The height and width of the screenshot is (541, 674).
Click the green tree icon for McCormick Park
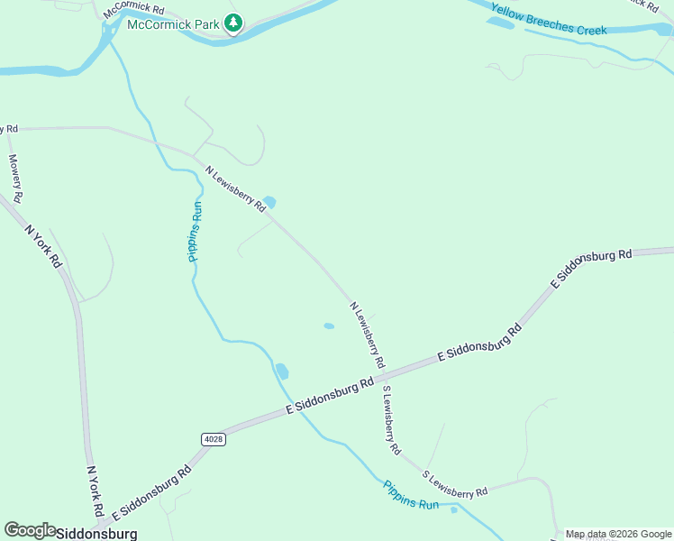tap(233, 23)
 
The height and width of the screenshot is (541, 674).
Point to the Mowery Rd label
tap(15, 177)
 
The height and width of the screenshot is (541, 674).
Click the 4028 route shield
tap(213, 438)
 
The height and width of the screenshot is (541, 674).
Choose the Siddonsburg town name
tap(96, 533)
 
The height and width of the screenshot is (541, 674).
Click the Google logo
tap(30, 530)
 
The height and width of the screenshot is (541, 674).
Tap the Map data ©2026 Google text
tap(618, 534)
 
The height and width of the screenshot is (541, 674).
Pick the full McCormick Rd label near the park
tap(133, 10)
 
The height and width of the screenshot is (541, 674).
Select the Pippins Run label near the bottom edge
tap(411, 495)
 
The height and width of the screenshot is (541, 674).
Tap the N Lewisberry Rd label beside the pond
tap(236, 188)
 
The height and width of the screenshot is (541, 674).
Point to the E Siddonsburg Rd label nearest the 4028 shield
tap(330, 397)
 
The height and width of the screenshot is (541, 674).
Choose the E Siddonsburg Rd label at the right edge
tap(591, 268)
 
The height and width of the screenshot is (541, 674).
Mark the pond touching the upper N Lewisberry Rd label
tap(269, 202)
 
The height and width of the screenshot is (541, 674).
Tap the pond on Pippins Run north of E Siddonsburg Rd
tap(282, 371)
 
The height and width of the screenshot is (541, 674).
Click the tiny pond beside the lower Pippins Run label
tap(454, 509)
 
